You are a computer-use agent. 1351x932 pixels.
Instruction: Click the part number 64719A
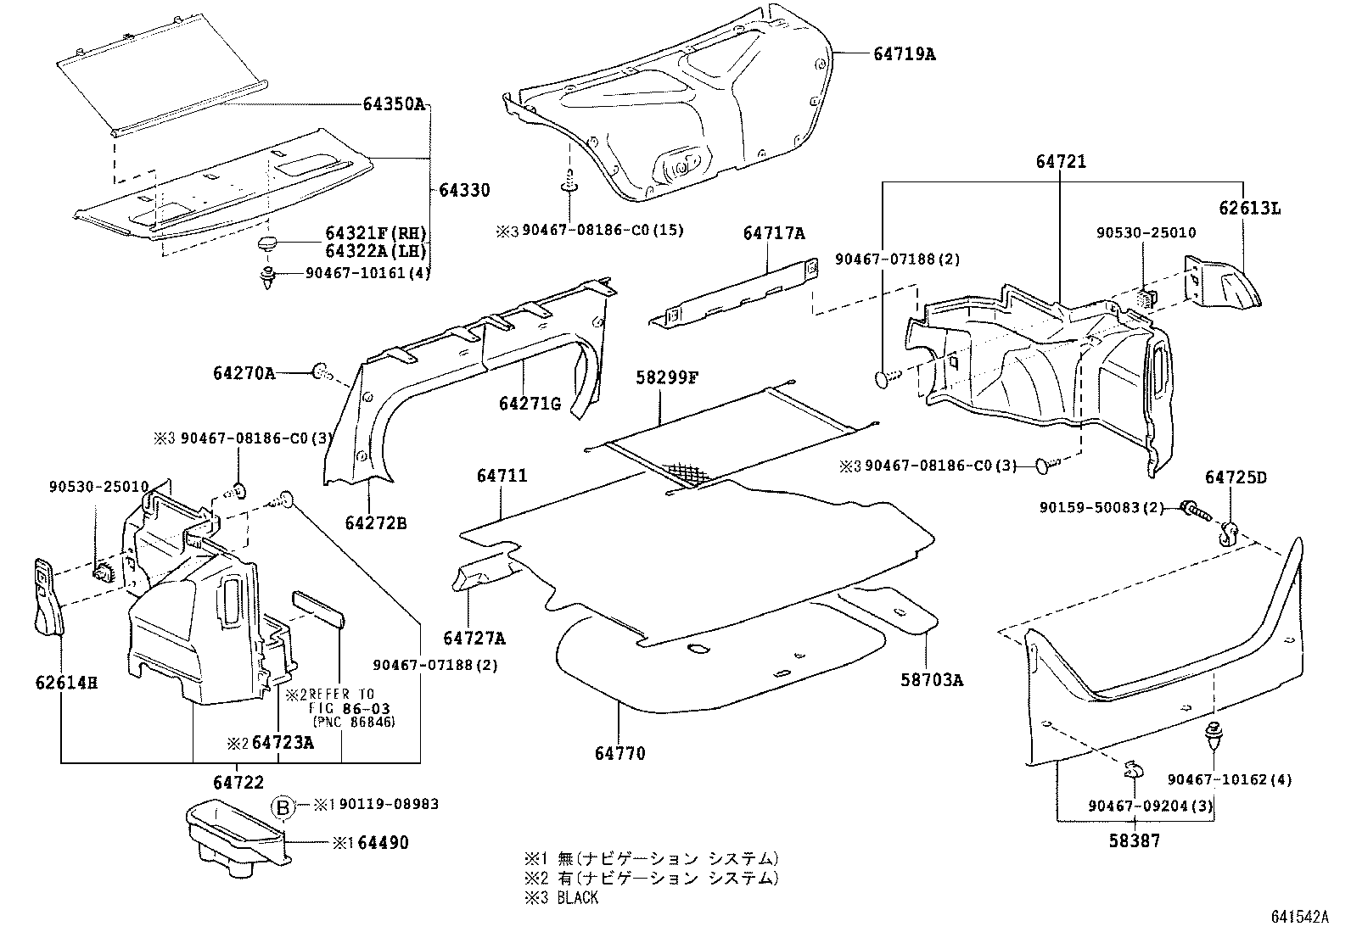pos(905,53)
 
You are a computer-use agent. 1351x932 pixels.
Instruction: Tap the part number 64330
pos(464,190)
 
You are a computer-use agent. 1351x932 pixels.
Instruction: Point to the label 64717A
pos(774,233)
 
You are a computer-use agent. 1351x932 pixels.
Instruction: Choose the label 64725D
pos(1236,478)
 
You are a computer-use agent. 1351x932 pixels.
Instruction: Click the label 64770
pos(619,753)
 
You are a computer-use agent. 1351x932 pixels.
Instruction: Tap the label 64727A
pos(474,638)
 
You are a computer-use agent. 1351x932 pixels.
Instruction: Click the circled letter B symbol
pos(283,806)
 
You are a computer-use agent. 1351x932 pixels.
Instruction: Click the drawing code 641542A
pos(1299,917)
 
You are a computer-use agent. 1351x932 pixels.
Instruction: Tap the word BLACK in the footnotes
pos(578,897)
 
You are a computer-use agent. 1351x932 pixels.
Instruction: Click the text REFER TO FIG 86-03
pos(343,700)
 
